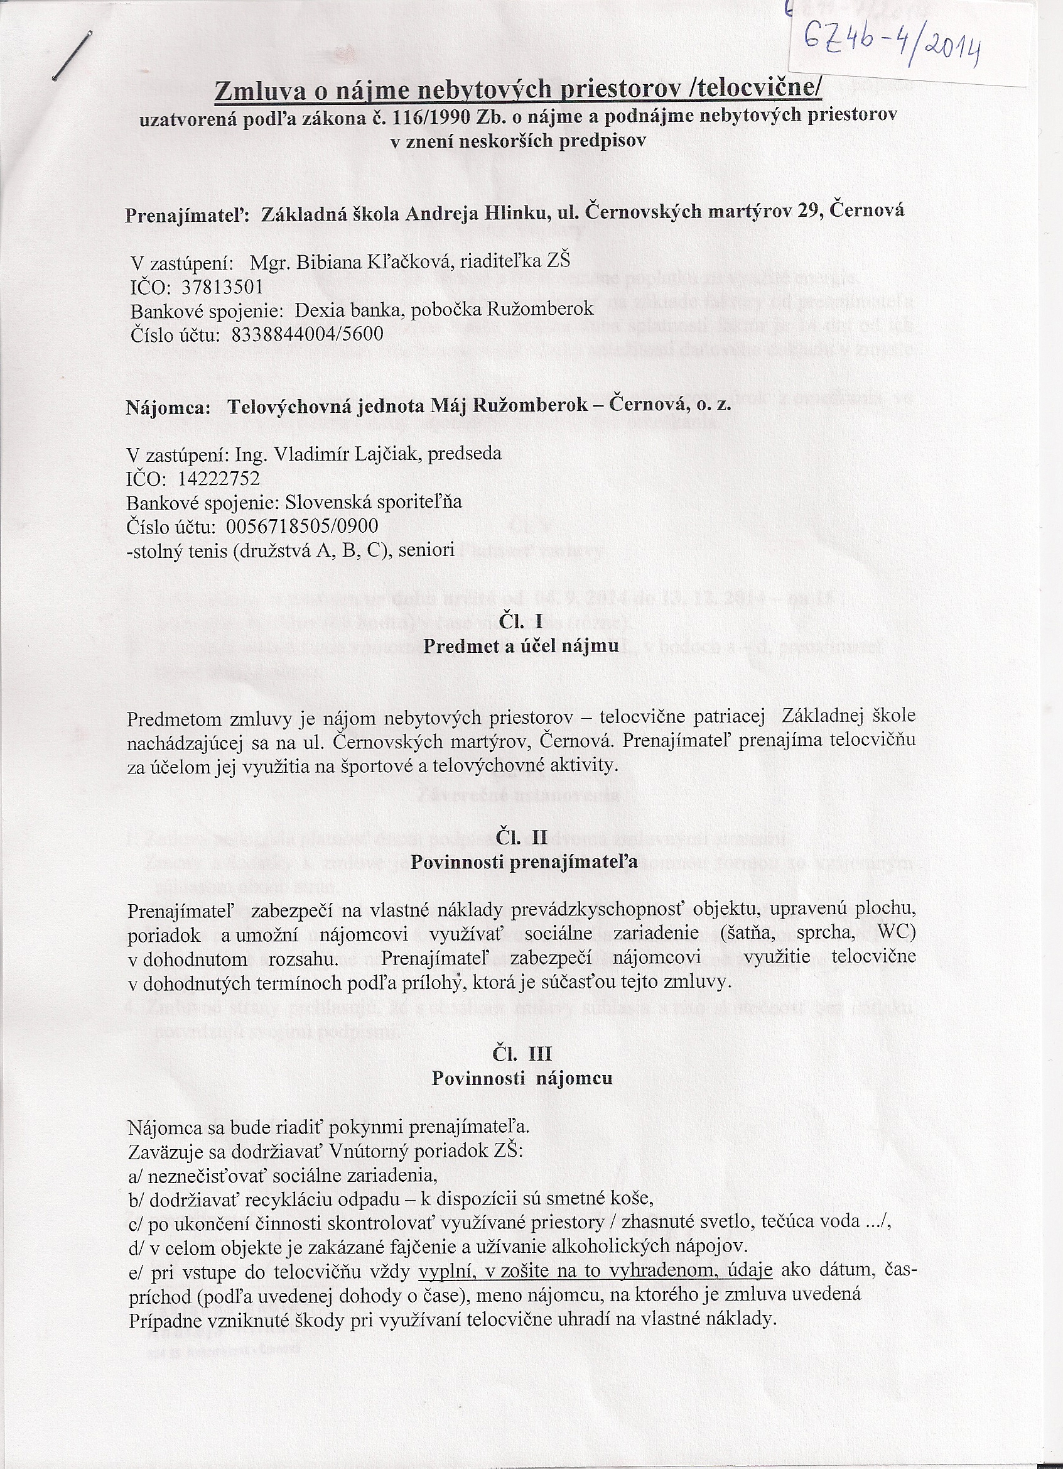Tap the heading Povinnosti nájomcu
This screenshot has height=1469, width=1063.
coord(522,1078)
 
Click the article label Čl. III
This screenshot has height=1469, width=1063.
coord(522,1054)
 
